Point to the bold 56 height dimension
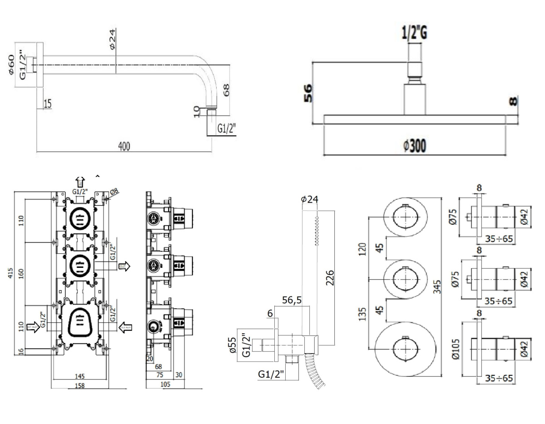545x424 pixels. [307, 93]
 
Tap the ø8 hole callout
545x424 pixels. [113, 192]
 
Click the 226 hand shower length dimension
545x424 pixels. [330, 277]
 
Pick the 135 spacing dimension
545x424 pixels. [362, 314]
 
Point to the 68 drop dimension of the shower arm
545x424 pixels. [226, 90]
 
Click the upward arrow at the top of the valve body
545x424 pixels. [80, 181]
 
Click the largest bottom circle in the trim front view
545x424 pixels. [404, 349]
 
